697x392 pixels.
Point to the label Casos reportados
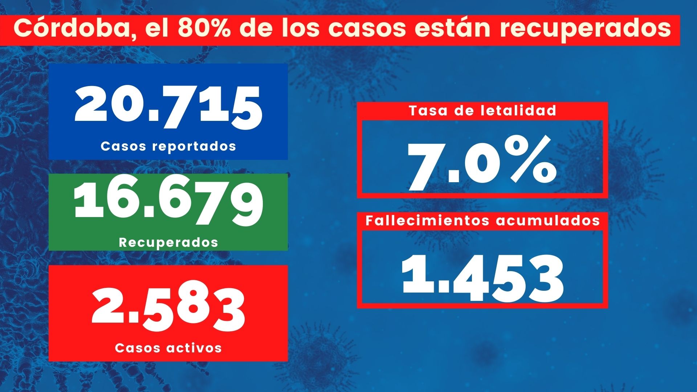pos(168,146)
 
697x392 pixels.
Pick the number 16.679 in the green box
pos(168,204)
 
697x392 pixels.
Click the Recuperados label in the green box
pos(168,242)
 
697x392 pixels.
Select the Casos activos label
pos(168,348)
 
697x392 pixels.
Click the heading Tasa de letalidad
pos(482,110)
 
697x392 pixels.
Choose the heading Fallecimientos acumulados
pos(482,220)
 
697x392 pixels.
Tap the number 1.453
pos(482,278)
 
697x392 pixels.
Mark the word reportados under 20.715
pos(194,147)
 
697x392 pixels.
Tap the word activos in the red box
pos(194,348)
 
